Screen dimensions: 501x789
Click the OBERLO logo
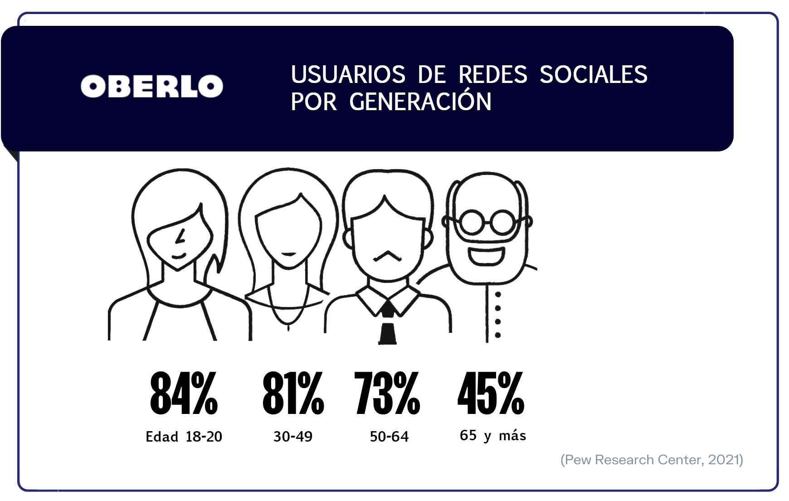[152, 86]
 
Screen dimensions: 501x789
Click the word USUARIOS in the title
[348, 74]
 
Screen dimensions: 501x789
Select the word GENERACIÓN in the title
[420, 102]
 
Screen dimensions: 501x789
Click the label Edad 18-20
[184, 437]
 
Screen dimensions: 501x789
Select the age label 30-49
[293, 437]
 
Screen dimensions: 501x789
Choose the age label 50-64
[389, 437]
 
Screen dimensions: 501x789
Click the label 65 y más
[493, 436]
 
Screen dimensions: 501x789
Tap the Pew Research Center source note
[652, 460]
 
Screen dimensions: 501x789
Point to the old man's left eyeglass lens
[472, 222]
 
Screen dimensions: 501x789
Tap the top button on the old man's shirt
[498, 295]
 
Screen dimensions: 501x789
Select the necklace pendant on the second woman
[289, 326]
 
